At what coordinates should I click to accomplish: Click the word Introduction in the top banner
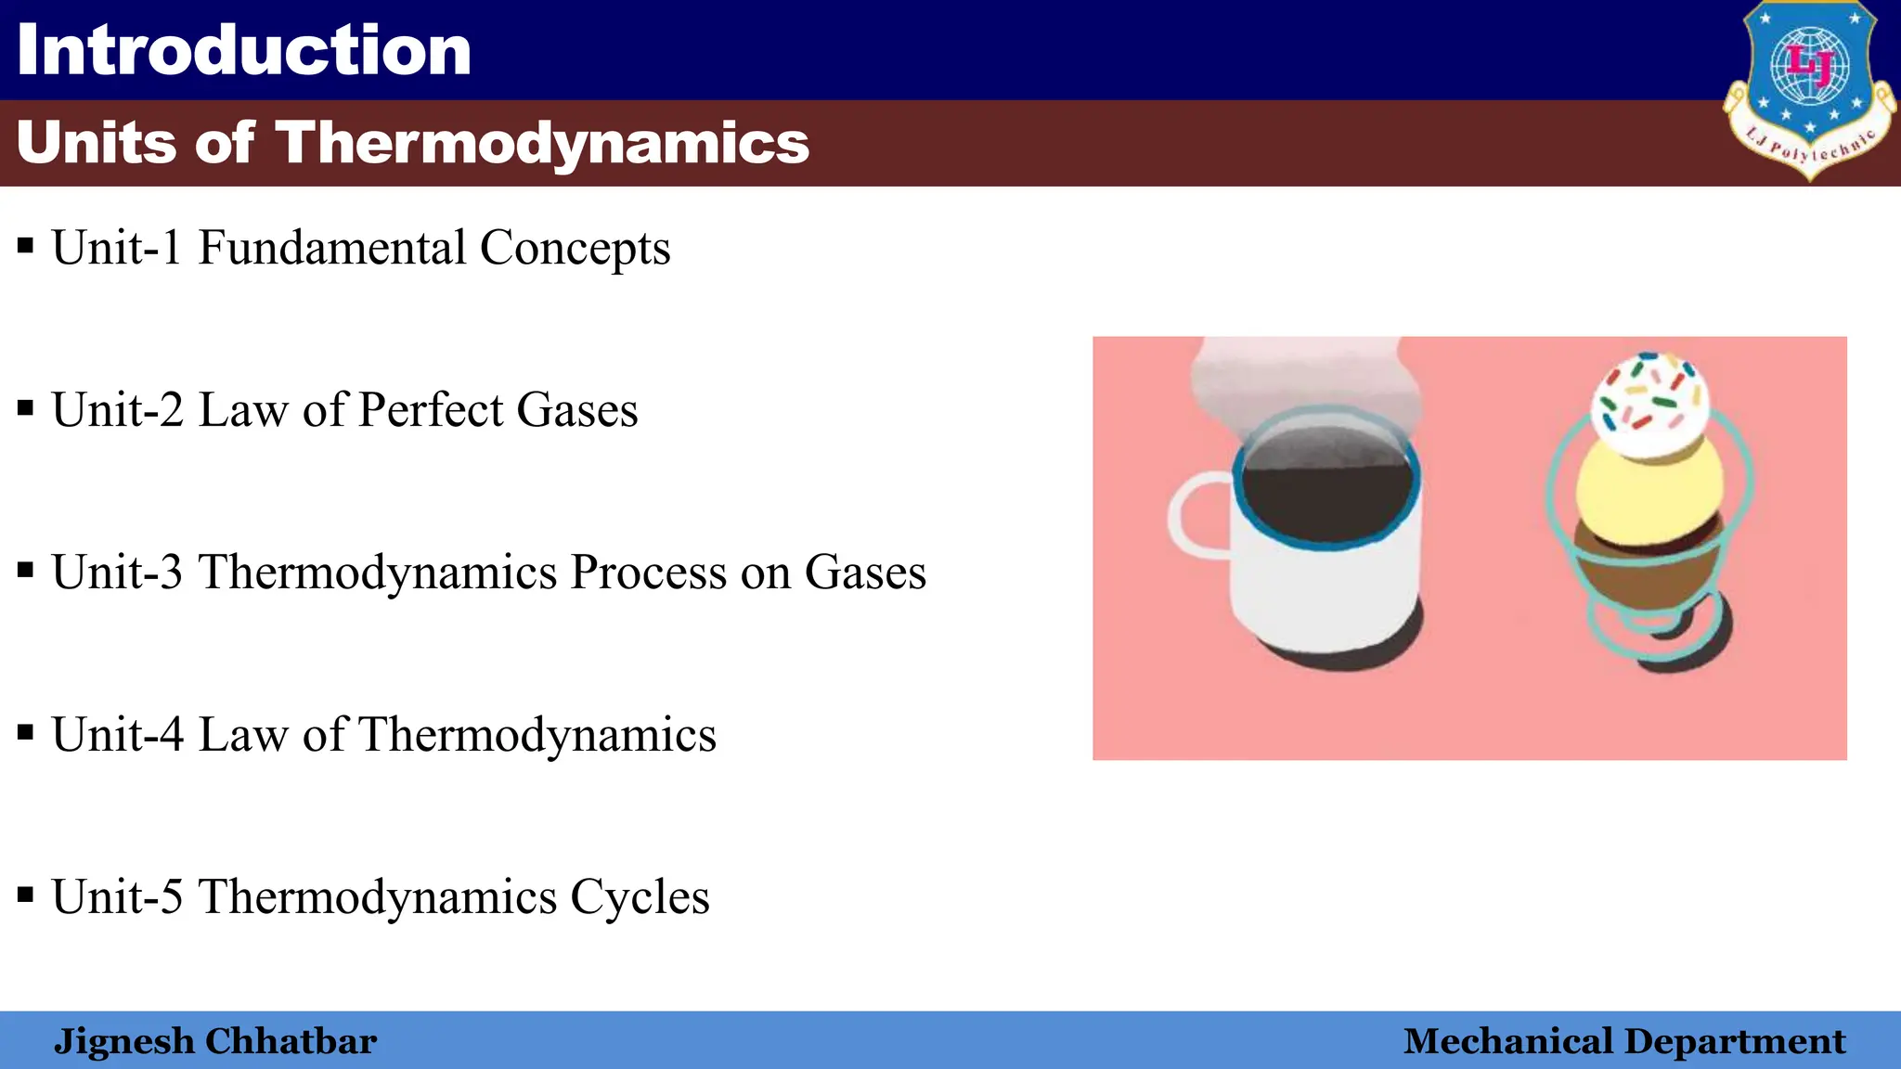click(244, 50)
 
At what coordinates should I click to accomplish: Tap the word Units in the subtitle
click(96, 143)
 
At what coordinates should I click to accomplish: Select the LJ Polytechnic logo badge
click(1808, 88)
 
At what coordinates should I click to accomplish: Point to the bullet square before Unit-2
click(26, 408)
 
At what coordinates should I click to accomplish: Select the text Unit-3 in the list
click(117, 572)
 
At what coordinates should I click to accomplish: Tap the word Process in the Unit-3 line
click(648, 573)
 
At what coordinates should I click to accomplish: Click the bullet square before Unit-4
click(26, 733)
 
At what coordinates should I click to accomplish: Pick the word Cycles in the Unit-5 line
click(640, 897)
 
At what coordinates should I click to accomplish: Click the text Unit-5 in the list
click(117, 897)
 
